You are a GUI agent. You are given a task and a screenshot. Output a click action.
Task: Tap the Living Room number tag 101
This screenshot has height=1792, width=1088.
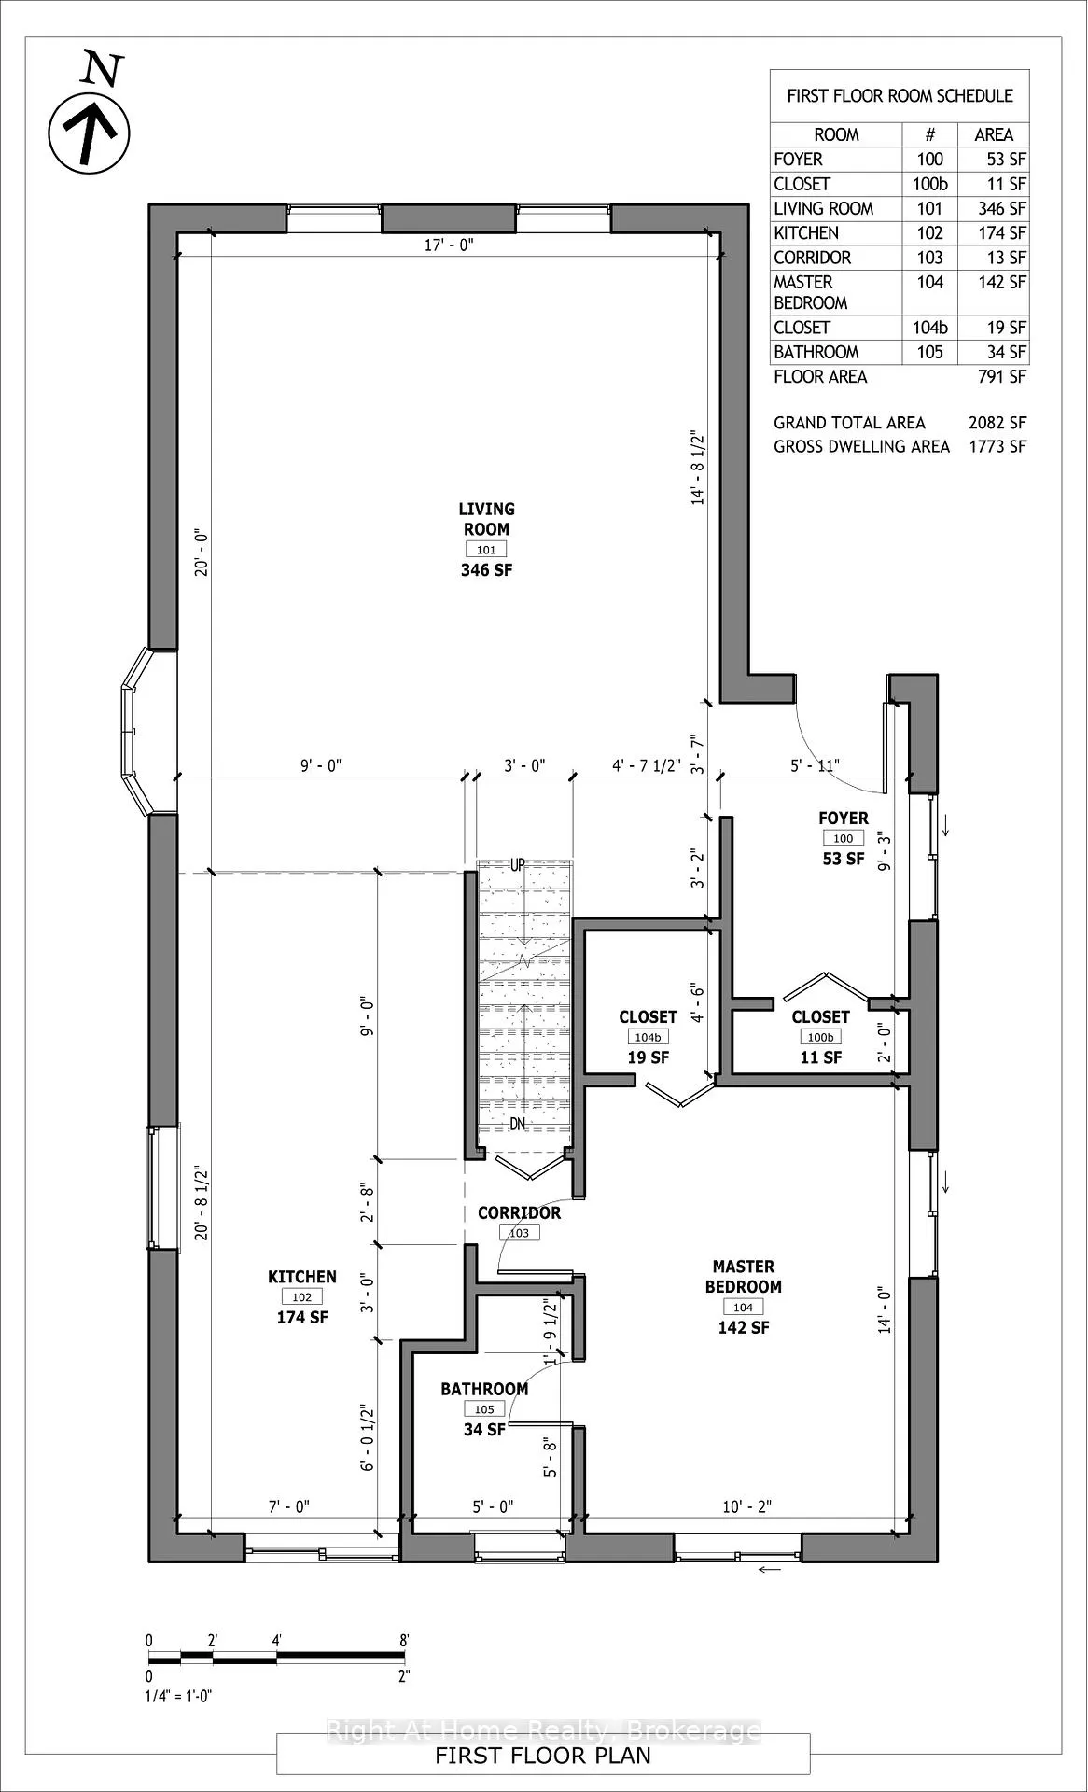click(x=486, y=550)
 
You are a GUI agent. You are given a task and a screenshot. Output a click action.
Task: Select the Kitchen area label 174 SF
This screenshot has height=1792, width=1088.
click(x=302, y=1317)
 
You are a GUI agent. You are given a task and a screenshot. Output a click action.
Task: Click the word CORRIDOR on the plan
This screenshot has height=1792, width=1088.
click(x=519, y=1212)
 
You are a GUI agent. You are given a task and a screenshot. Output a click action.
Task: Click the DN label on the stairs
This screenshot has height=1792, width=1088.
click(x=518, y=1124)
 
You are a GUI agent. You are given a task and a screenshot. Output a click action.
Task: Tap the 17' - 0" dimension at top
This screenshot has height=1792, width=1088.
click(x=450, y=245)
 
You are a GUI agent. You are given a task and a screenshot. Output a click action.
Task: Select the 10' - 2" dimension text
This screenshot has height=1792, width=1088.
click(x=746, y=1506)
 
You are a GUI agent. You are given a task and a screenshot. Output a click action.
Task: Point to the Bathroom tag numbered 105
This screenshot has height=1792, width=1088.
click(x=483, y=1409)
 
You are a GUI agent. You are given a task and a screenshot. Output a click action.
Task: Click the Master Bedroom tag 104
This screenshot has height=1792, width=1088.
click(x=743, y=1308)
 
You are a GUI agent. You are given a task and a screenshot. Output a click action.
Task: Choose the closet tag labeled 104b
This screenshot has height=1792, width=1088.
click(x=648, y=1037)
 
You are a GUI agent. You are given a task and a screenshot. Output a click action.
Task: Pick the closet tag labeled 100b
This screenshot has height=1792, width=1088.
click(x=820, y=1037)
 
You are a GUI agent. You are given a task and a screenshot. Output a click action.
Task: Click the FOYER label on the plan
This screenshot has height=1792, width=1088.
click(x=844, y=818)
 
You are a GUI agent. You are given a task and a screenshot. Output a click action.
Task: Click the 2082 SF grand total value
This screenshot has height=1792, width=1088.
click(x=997, y=423)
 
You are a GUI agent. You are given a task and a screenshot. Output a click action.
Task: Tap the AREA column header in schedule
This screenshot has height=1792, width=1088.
click(x=994, y=134)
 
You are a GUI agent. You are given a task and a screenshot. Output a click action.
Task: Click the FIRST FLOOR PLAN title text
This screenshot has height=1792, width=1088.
click(x=543, y=1755)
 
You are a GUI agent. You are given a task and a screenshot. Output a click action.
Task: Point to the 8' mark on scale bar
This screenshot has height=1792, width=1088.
click(x=404, y=1640)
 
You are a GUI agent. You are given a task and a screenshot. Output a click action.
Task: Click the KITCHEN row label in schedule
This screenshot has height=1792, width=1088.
click(x=806, y=233)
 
